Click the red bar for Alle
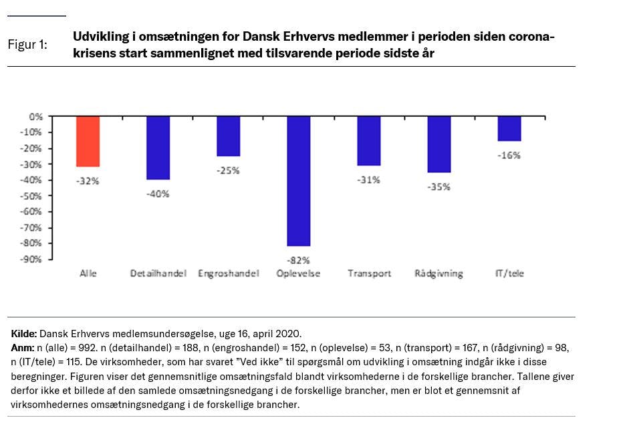[x=88, y=141]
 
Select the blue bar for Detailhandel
[x=158, y=148]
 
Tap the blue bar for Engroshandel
[x=228, y=136]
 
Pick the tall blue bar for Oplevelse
[x=298, y=180]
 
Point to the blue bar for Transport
[x=368, y=140]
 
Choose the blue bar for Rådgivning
[x=439, y=144]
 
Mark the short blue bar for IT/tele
[x=509, y=128]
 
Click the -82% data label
[x=298, y=260]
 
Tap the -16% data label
[x=509, y=155]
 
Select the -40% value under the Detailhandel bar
[x=158, y=194]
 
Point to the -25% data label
[x=228, y=170]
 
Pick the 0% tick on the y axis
[x=36, y=116]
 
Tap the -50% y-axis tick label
[x=33, y=196]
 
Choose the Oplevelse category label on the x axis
[x=298, y=274]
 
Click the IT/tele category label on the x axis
[x=509, y=274]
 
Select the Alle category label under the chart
[x=88, y=274]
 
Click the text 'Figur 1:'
[x=27, y=45]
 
